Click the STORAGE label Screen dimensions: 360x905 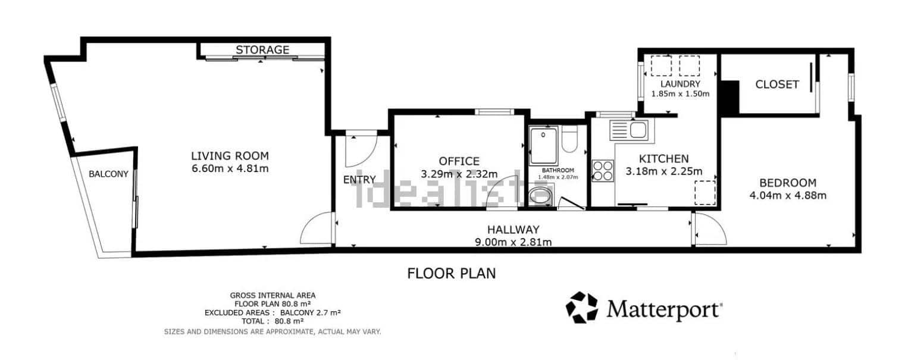[262, 49]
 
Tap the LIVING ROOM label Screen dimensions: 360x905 [230, 156]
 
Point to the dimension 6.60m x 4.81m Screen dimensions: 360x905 [230, 168]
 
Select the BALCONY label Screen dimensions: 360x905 [108, 174]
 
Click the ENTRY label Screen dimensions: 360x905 [359, 180]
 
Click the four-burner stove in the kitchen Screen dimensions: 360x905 [603, 170]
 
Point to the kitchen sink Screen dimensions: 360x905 [631, 129]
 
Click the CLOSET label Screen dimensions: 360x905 [776, 84]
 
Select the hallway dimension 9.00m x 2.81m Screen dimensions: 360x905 [513, 242]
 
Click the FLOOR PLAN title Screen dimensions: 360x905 [451, 274]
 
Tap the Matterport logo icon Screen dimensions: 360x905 [581, 307]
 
